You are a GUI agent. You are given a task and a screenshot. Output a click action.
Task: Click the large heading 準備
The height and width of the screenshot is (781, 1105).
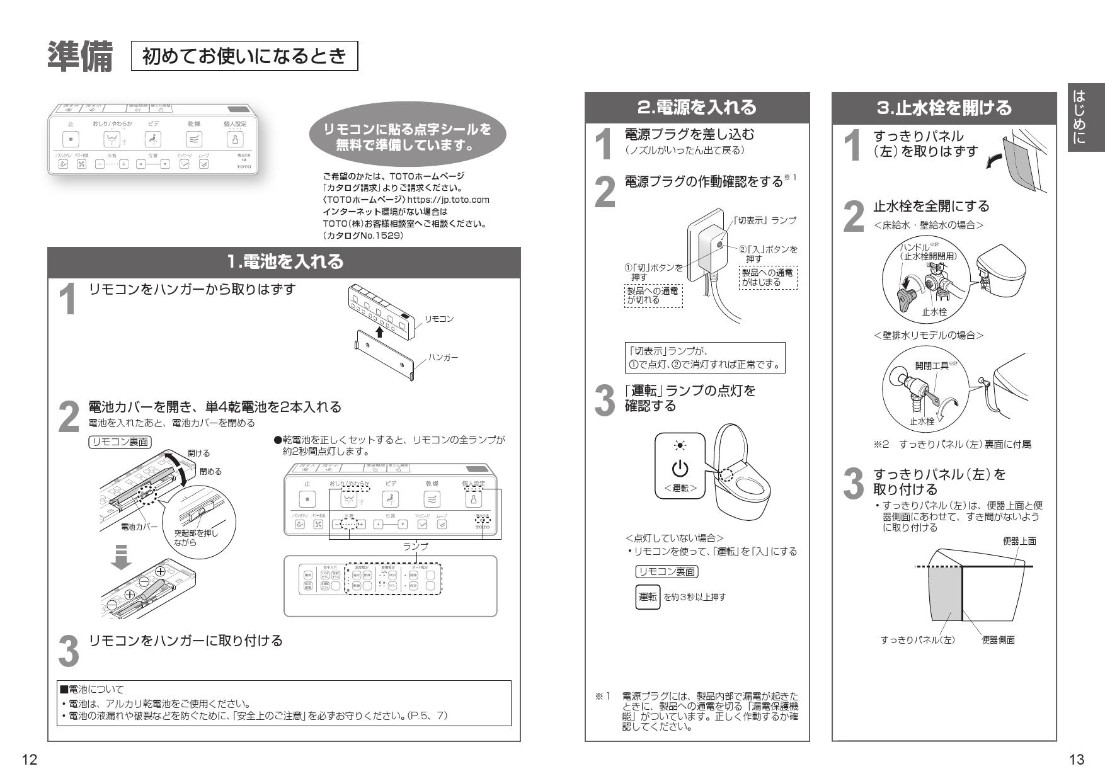(x=80, y=57)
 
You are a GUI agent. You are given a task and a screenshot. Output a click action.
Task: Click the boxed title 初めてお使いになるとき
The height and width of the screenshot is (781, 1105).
(x=244, y=57)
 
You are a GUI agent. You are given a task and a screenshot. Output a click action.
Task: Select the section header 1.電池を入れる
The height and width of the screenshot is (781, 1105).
(x=285, y=261)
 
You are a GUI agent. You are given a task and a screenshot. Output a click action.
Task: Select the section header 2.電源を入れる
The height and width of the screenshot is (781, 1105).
(x=697, y=108)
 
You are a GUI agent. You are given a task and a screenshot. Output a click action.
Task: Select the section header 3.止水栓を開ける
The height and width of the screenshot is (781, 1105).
(x=944, y=108)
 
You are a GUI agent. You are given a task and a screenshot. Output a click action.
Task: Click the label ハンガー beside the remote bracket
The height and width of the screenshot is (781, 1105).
(x=444, y=357)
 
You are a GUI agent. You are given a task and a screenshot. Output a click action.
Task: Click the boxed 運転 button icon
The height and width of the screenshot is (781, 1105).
(x=648, y=596)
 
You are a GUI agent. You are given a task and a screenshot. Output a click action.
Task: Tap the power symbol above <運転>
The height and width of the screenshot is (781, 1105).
(x=680, y=469)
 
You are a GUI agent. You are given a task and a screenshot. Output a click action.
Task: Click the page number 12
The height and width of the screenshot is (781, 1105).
(x=30, y=760)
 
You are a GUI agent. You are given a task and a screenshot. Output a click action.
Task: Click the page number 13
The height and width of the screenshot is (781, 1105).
(x=1077, y=760)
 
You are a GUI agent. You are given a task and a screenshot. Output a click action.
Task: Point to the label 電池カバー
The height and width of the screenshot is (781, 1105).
(x=139, y=527)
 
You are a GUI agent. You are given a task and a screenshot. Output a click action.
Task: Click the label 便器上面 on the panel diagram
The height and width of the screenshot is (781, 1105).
(x=1019, y=541)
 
